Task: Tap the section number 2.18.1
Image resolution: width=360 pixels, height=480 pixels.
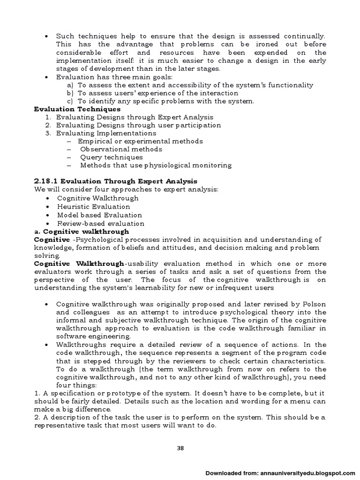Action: pyautogui.click(x=44, y=181)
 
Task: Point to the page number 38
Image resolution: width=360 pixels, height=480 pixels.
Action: pyautogui.click(x=180, y=448)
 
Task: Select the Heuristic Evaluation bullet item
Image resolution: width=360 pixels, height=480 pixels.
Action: pyautogui.click(x=93, y=206)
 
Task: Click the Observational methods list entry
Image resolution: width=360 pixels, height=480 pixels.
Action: pyautogui.click(x=121, y=149)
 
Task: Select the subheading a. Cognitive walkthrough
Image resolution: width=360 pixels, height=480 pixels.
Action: pyautogui.click(x=82, y=232)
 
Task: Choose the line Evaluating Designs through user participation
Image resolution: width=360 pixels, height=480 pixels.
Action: pyautogui.click(x=138, y=125)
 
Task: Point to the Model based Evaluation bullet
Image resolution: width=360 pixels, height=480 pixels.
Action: pyautogui.click(x=97, y=215)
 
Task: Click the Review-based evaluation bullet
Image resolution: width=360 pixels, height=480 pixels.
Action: pyautogui.click(x=100, y=224)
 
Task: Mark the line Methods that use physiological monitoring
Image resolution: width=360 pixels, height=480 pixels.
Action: pyautogui.click(x=156, y=165)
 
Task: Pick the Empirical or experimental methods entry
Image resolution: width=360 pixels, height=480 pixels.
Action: pyautogui.click(x=140, y=141)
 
